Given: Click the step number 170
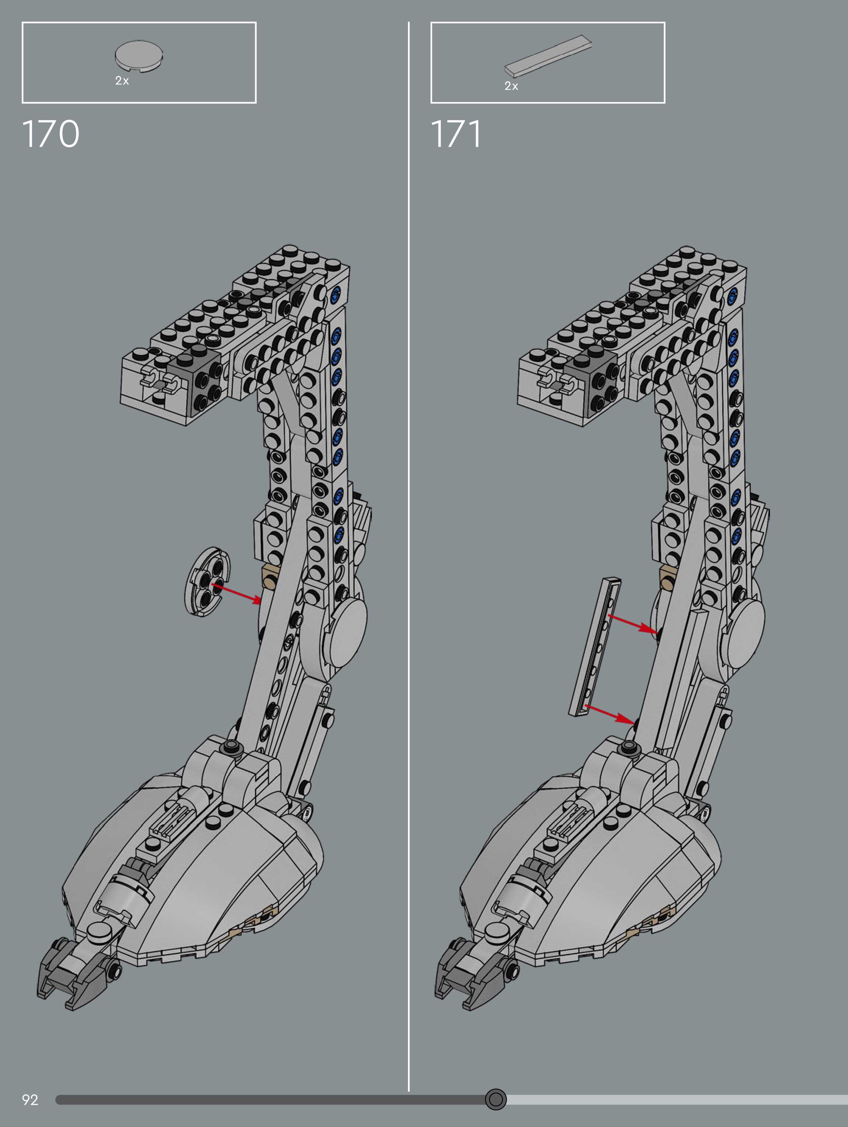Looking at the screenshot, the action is tap(50, 134).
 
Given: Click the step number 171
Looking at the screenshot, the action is tap(456, 134).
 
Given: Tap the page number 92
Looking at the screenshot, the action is tap(29, 1099).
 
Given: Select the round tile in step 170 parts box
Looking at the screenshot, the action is tap(138, 55).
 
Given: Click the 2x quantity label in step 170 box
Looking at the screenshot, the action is tap(122, 80).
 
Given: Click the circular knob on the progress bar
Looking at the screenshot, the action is tap(496, 1099).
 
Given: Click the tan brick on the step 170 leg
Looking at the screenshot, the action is tap(268, 578).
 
